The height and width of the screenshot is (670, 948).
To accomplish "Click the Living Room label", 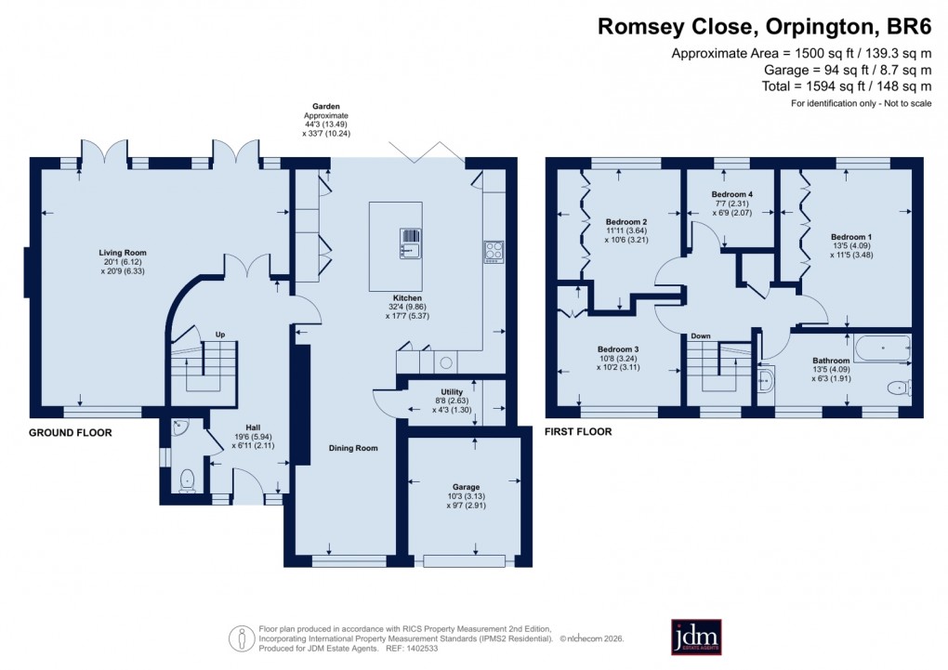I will pos(123,253).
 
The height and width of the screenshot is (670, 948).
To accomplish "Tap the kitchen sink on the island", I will pos(410,243).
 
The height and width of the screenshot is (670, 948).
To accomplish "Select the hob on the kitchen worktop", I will pos(493,251).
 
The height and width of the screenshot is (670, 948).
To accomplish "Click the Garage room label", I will pos(466,487).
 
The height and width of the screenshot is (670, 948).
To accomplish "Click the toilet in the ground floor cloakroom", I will pos(187,480).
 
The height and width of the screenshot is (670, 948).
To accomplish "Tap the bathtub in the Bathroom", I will pos(883,349).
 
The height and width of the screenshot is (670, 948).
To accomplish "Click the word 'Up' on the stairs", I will pos(220,334).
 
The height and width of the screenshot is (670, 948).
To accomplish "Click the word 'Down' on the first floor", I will pos(701,335).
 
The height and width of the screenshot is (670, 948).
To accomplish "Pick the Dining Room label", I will pos(353,448).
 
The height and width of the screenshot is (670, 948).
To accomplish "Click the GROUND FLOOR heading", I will pos(71,433).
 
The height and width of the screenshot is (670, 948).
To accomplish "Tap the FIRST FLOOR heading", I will pos(579,432).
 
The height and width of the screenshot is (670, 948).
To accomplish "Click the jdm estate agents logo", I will pos(696,637).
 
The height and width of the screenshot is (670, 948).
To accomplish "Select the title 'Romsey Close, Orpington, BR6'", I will pos(764,27).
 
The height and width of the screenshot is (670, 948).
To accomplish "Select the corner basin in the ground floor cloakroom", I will pos(178,426).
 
